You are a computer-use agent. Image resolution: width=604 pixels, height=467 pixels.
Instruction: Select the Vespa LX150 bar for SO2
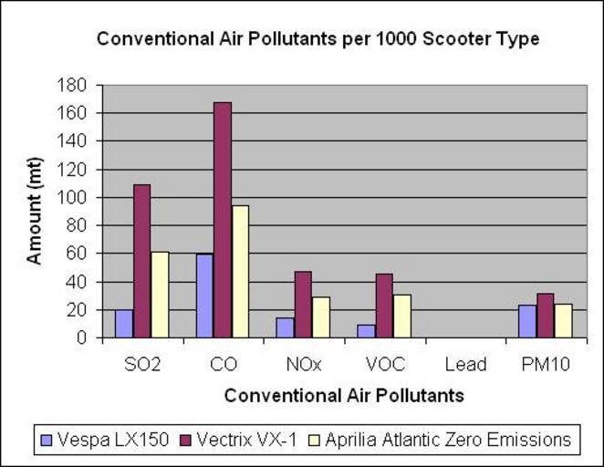(124, 324)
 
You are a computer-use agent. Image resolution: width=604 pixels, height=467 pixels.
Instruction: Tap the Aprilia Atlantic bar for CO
(240, 271)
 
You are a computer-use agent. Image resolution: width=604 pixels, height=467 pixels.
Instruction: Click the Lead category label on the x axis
(465, 365)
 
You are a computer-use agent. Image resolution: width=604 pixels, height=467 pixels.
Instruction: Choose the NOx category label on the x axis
(304, 365)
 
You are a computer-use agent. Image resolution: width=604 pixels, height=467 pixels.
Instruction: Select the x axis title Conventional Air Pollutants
(344, 396)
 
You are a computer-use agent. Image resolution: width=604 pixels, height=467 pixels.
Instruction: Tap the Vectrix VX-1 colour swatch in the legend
(187, 441)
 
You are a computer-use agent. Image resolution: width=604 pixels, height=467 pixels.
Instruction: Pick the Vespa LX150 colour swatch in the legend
(47, 441)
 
